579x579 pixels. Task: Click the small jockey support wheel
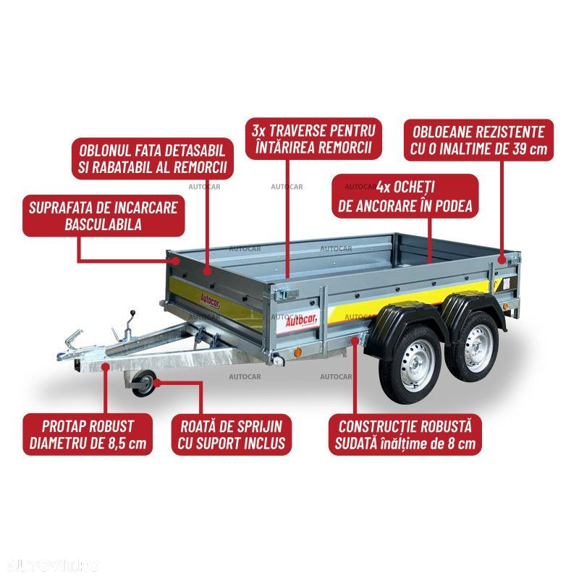coord(143,384)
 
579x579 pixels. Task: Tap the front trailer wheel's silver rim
coord(415,365)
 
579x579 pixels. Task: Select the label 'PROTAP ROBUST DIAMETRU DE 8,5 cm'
coord(88,435)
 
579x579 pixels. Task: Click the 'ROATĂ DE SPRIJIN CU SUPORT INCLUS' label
coord(232,435)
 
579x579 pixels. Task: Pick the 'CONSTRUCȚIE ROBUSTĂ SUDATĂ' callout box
coord(405,435)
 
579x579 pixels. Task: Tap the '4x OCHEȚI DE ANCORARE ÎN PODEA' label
coord(405,196)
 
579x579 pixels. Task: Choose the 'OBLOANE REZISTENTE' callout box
coord(478,140)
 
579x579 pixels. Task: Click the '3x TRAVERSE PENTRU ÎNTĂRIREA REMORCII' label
coord(313,139)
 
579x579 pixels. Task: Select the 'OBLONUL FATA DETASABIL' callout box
coord(153,159)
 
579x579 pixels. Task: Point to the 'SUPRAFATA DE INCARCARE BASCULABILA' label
coord(103,216)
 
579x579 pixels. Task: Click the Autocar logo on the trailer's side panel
coord(300,321)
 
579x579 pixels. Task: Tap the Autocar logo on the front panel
coord(210,300)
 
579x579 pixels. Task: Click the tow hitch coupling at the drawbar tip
coord(71,347)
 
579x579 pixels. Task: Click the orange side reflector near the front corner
coord(297,352)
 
